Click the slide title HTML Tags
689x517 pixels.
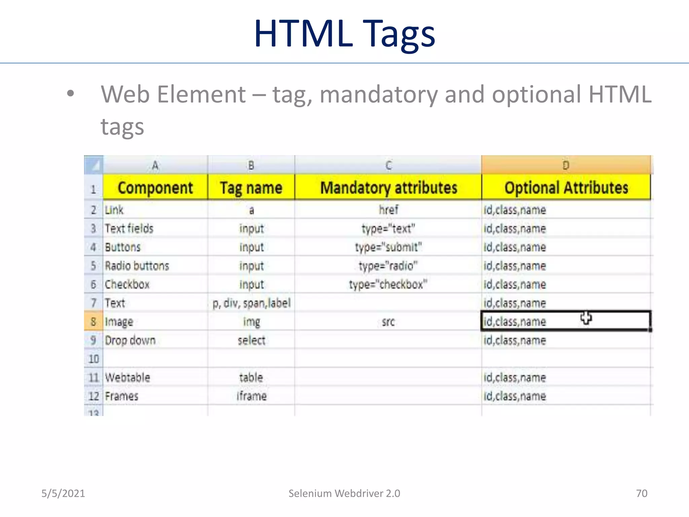coord(344,34)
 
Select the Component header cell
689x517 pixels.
coord(155,187)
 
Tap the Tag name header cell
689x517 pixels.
coord(251,187)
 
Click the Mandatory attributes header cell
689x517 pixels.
coord(388,187)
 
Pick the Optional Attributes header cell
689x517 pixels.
coord(566,187)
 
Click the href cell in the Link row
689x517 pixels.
coord(388,210)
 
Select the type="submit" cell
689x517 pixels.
coord(388,247)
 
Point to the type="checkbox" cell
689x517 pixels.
coord(388,284)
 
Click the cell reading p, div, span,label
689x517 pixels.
coord(251,303)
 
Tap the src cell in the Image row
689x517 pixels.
coord(388,322)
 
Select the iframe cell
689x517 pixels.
coord(251,396)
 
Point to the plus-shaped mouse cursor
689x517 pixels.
coord(586,318)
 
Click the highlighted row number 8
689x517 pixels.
coord(94,322)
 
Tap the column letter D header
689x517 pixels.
coord(566,165)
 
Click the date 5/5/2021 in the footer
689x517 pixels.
coord(63,493)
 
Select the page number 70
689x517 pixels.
coord(642,493)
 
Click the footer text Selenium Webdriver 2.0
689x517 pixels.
coord(344,493)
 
